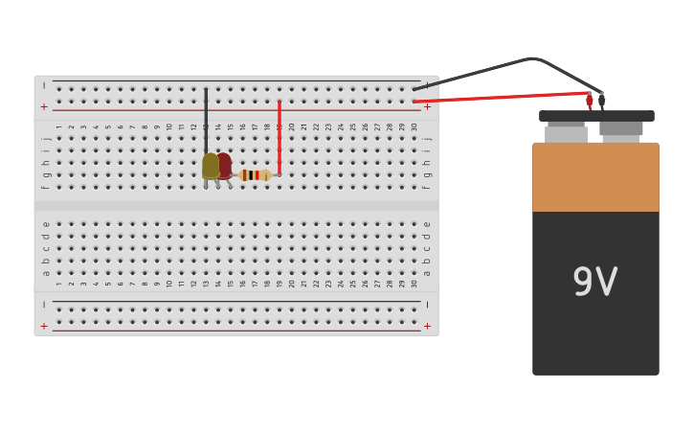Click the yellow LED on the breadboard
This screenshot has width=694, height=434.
[210, 166]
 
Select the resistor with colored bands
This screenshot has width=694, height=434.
[253, 175]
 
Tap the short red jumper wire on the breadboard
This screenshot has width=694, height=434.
[280, 134]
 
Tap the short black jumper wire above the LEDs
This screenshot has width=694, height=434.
[206, 120]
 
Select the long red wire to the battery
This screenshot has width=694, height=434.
[498, 97]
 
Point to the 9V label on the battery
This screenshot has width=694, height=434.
[595, 283]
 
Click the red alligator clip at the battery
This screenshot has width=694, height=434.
[590, 100]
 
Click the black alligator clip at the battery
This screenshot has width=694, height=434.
[602, 100]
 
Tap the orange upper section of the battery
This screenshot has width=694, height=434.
[595, 177]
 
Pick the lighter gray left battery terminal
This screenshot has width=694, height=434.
[566, 133]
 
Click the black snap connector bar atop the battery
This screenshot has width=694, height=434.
[596, 116]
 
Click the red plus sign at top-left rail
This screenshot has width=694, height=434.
[44, 107]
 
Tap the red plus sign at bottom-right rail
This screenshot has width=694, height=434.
[427, 327]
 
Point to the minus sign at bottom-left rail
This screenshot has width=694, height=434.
[44, 305]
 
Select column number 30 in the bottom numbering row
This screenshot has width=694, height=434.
[414, 284]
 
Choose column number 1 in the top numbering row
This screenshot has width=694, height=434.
[58, 126]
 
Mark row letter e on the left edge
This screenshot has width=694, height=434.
[45, 224]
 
